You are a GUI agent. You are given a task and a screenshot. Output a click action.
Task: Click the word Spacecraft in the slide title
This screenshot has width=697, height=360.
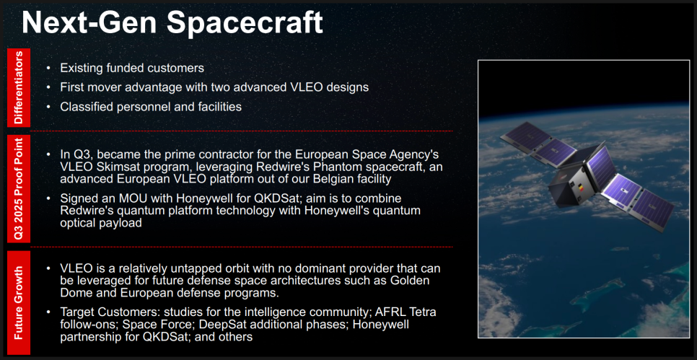(x=245, y=23)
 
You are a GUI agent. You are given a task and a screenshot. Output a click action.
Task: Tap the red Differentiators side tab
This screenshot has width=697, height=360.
(x=19, y=87)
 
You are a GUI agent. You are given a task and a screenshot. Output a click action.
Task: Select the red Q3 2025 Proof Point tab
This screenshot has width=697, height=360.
(x=19, y=189)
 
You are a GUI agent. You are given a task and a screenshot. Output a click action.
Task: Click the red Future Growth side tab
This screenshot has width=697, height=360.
(x=19, y=303)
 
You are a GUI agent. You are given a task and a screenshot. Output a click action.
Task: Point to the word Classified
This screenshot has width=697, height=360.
(x=84, y=107)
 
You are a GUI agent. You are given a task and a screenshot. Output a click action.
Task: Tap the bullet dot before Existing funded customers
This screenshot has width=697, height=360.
(x=49, y=68)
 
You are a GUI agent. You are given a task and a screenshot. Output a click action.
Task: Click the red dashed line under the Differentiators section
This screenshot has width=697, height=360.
(x=242, y=131)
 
